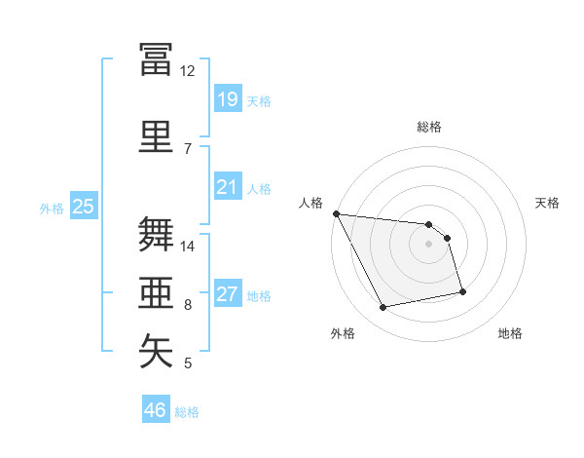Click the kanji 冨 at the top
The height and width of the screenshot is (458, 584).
[x=156, y=59]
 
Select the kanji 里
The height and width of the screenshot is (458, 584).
[x=156, y=136]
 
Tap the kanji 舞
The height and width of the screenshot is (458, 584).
[x=156, y=234]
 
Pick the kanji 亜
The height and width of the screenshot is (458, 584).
[x=156, y=292]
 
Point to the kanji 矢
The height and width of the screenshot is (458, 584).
[x=156, y=351]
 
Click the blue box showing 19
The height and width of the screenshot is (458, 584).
[x=228, y=98]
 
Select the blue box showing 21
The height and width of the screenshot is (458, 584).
[x=228, y=186]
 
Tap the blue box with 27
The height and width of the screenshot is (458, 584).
[x=228, y=292]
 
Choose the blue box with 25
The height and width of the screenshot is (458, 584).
[x=84, y=206]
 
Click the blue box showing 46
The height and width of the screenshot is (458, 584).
[x=156, y=408]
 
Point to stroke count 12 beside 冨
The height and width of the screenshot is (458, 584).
[x=187, y=71]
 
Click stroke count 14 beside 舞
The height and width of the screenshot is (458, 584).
[x=187, y=247]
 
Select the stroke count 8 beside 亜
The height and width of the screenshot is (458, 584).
[x=188, y=305]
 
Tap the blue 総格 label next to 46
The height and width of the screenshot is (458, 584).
[x=187, y=412]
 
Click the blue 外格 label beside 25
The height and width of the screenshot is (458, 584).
[x=52, y=209]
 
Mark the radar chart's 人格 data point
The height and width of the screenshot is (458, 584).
[x=337, y=213]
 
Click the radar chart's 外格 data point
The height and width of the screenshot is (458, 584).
[x=383, y=307]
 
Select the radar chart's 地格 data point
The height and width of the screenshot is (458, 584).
[x=462, y=291]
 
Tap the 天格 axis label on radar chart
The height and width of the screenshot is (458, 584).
[x=547, y=203]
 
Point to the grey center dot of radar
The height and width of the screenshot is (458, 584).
[x=428, y=244]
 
